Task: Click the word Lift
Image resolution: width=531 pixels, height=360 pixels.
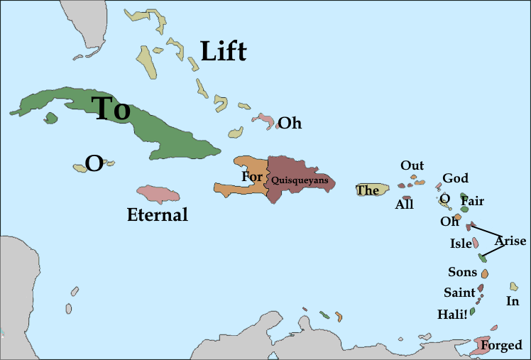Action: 223,51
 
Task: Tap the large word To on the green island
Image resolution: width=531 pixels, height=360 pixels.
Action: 112,109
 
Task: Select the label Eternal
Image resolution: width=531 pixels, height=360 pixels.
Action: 157,214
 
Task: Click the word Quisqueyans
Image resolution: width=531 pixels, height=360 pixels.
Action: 300,180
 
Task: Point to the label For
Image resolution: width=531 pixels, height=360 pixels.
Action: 251,177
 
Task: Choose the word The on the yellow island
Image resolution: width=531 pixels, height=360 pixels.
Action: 367,190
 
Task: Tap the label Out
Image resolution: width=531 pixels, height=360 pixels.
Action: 412,165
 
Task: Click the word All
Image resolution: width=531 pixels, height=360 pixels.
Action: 404,205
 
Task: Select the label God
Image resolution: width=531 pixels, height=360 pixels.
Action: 455,178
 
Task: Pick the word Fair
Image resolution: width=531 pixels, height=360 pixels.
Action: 472,201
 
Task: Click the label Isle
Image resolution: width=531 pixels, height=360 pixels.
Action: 461,244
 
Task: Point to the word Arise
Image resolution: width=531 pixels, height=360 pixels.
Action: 510,241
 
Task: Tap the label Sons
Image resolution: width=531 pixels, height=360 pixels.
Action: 462,272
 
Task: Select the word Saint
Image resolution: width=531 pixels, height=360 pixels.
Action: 459,293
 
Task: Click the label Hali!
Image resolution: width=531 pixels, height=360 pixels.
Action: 453,314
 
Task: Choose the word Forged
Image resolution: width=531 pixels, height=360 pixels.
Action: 501,346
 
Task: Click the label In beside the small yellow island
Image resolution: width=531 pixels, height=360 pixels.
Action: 513,301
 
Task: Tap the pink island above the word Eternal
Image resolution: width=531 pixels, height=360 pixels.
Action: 158,194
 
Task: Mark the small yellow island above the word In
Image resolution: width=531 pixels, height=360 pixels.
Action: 513,286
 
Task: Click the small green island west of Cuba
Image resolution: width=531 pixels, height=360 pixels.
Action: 50,118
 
